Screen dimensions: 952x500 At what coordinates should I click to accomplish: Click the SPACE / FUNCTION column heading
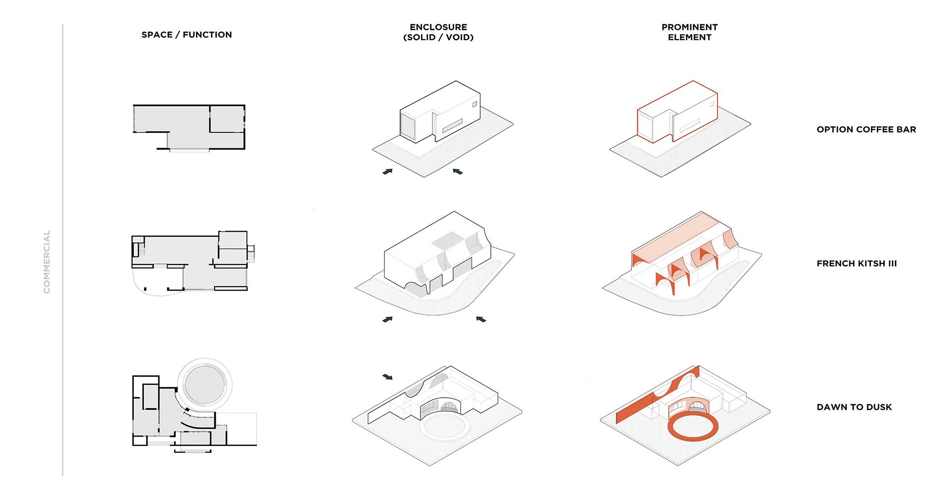click(x=186, y=35)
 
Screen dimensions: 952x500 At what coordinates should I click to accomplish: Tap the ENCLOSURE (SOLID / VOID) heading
click(x=438, y=32)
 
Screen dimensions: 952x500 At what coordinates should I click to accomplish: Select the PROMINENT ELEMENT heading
click(x=689, y=32)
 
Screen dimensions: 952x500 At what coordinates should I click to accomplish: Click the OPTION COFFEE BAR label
click(x=866, y=129)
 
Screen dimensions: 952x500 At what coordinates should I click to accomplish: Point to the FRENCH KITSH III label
click(x=857, y=263)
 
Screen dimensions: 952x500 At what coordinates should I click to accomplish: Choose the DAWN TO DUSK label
click(x=854, y=407)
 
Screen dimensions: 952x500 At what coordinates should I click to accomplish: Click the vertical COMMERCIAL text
click(x=47, y=262)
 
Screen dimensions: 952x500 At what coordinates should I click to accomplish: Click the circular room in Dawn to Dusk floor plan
click(x=205, y=385)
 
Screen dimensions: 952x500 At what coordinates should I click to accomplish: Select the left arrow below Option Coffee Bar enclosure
click(x=388, y=172)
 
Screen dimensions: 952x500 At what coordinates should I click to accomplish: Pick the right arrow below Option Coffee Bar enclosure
click(x=458, y=171)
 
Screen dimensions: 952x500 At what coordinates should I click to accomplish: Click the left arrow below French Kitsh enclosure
click(x=388, y=319)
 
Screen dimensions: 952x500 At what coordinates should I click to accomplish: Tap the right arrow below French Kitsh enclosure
click(x=481, y=319)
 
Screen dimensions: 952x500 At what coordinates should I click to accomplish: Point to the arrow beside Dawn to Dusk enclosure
click(x=388, y=377)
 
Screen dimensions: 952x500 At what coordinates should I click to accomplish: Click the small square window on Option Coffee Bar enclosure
click(x=475, y=105)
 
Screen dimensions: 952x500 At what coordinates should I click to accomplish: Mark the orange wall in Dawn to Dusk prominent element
click(x=657, y=395)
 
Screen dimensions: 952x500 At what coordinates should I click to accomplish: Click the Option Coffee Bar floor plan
click(x=189, y=127)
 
